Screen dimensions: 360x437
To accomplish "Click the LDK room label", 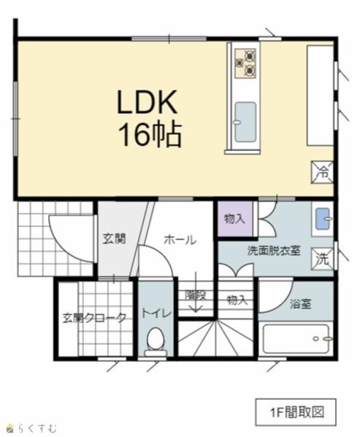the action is click(148, 102).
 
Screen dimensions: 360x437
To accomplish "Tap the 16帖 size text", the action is click(150, 134).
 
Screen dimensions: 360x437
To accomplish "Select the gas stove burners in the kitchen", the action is click(245, 63).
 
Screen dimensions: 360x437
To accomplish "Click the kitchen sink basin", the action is click(245, 122).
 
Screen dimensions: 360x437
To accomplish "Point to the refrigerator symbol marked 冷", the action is click(322, 172).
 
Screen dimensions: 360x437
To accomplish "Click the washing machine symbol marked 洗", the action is click(323, 259).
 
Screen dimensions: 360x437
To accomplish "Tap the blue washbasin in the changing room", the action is click(323, 219).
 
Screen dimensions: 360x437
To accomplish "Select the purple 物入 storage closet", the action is click(235, 219).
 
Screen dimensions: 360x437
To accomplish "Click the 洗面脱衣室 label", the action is click(274, 251).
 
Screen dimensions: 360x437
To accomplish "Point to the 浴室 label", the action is click(300, 303).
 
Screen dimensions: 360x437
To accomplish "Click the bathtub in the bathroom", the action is click(296, 339).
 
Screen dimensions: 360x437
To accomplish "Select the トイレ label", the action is click(156, 313).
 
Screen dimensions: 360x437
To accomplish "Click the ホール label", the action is click(180, 240).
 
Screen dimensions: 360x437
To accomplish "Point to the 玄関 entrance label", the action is click(115, 239).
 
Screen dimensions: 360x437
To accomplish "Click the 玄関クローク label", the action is click(94, 318).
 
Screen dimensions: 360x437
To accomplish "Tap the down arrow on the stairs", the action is click(196, 292).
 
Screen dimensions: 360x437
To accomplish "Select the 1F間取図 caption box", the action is click(296, 412).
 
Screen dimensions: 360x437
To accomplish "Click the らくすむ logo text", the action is click(37, 428).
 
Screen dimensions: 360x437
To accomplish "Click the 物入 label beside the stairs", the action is click(237, 301).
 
